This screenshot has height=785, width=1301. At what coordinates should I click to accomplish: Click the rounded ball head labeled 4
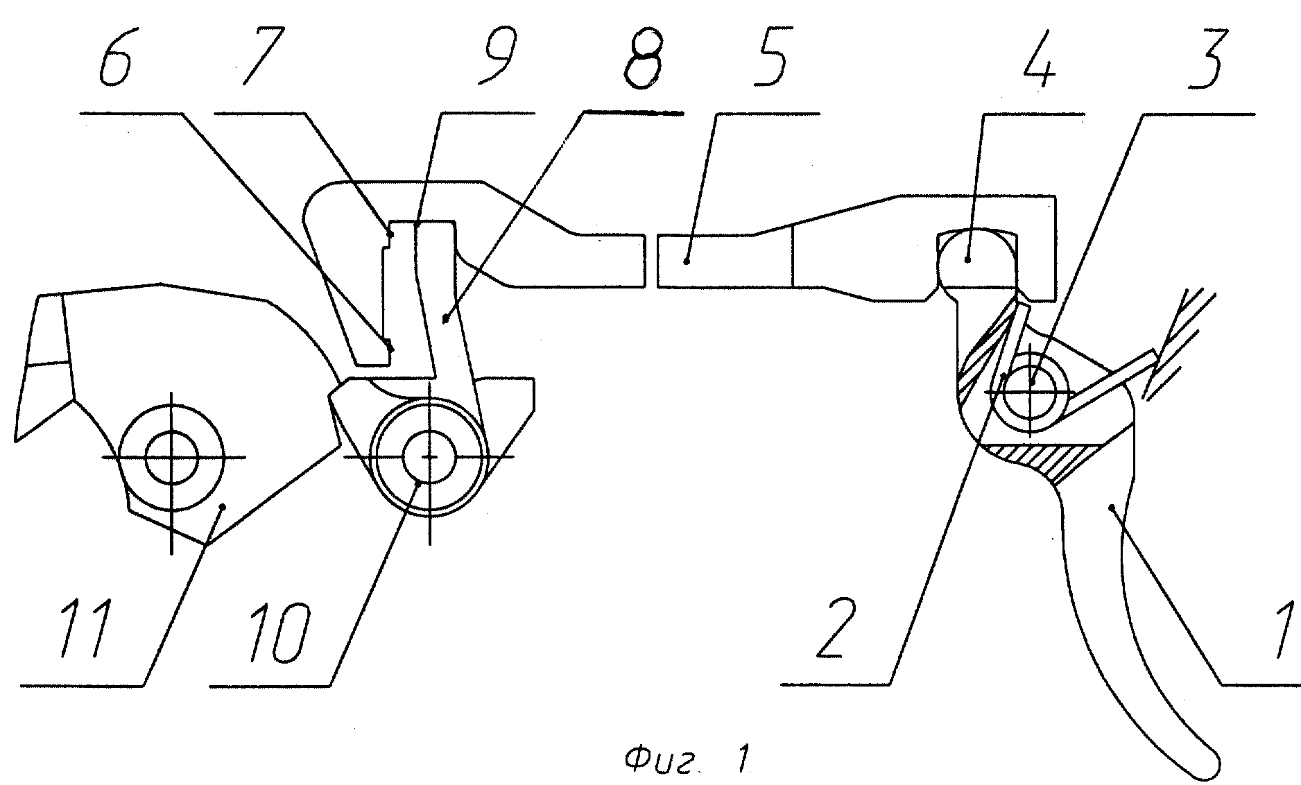tap(977, 259)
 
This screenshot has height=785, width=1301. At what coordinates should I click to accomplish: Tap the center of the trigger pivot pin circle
tap(1031, 392)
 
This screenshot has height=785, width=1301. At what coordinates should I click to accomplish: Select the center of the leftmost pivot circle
tap(171, 457)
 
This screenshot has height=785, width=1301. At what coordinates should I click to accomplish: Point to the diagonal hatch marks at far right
tap(1179, 347)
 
